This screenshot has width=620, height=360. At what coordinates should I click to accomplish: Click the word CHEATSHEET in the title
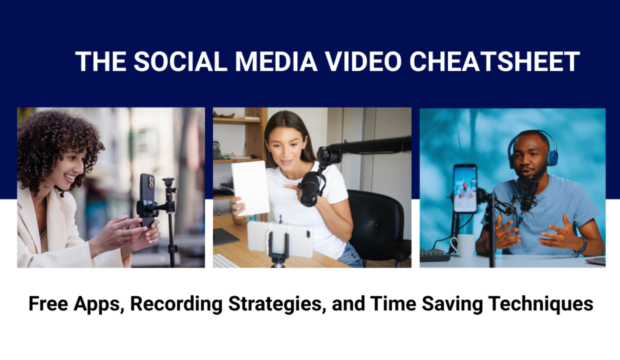tap(494, 62)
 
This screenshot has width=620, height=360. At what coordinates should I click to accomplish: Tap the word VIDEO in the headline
tap(363, 62)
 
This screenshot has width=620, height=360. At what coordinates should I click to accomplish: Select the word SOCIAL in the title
tap(180, 62)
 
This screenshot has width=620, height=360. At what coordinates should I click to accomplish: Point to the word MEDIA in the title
tap(276, 62)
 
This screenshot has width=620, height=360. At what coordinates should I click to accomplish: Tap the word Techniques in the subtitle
tap(541, 304)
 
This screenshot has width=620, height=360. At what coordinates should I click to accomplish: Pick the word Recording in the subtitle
tap(176, 304)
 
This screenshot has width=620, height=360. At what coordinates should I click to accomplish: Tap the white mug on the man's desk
tap(465, 246)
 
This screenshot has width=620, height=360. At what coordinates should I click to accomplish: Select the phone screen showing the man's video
tap(465, 189)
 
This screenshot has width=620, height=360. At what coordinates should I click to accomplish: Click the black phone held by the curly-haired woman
tap(147, 200)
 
